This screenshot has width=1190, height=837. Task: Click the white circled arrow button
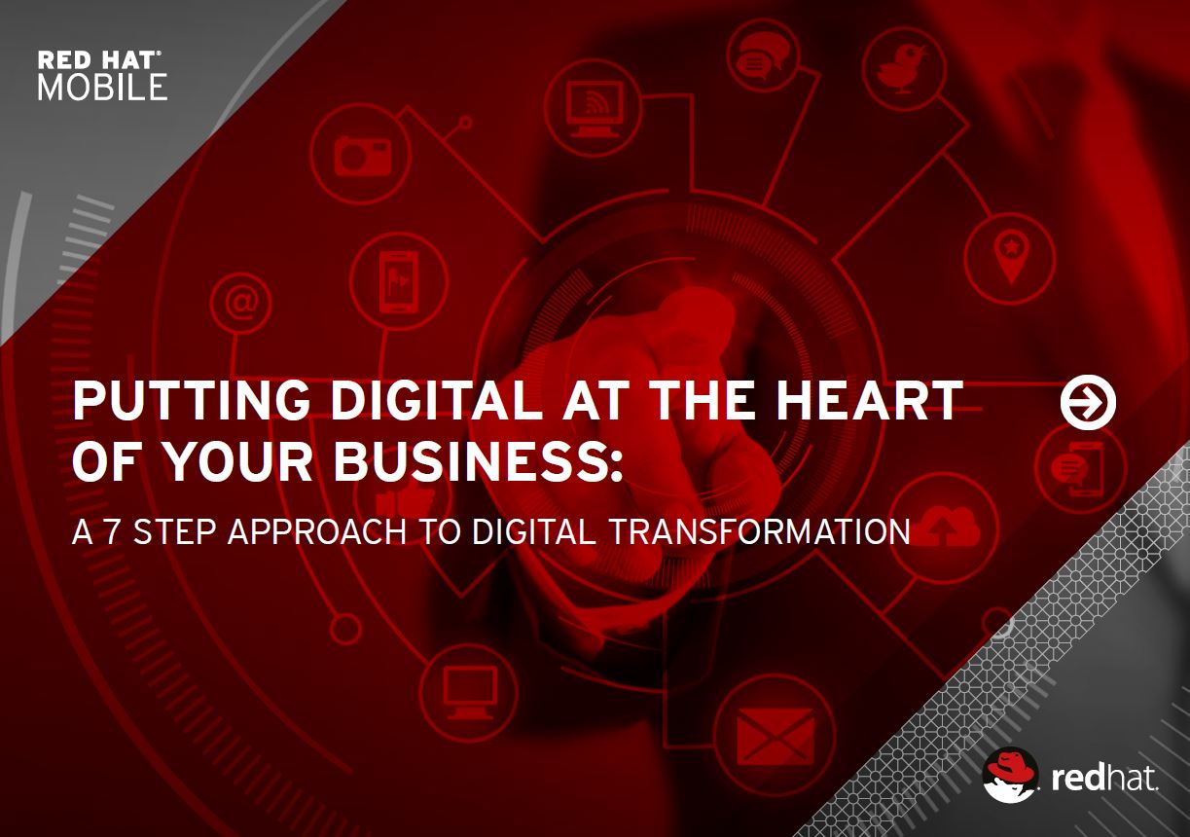(x=1088, y=402)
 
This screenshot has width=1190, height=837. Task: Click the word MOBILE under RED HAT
(x=102, y=88)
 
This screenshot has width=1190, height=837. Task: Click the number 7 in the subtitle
(x=111, y=531)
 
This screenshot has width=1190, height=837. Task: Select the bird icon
(x=902, y=69)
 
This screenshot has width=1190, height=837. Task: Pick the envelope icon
(x=775, y=736)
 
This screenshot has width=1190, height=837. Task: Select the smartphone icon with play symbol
(x=398, y=281)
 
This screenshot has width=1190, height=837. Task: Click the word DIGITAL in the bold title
(x=437, y=400)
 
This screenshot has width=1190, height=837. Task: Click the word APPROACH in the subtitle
(x=317, y=531)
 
